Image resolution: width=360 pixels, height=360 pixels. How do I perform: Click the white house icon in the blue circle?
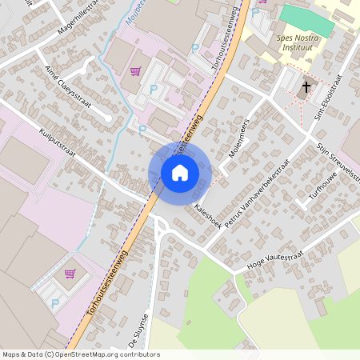pyautogui.click(x=180, y=172)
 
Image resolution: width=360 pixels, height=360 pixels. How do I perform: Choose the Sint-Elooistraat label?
pyautogui.click(x=329, y=97)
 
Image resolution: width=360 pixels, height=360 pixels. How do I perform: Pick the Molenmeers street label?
pyautogui.click(x=240, y=137)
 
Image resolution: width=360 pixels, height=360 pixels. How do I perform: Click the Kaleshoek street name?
pyautogui.click(x=208, y=215)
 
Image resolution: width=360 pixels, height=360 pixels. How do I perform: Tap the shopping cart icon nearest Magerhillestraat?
pyautogui.click(x=135, y=71)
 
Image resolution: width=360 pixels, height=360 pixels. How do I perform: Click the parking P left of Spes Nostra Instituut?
pyautogui.click(x=255, y=13)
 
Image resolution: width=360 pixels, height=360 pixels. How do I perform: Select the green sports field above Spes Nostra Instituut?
pyautogui.click(x=306, y=20)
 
